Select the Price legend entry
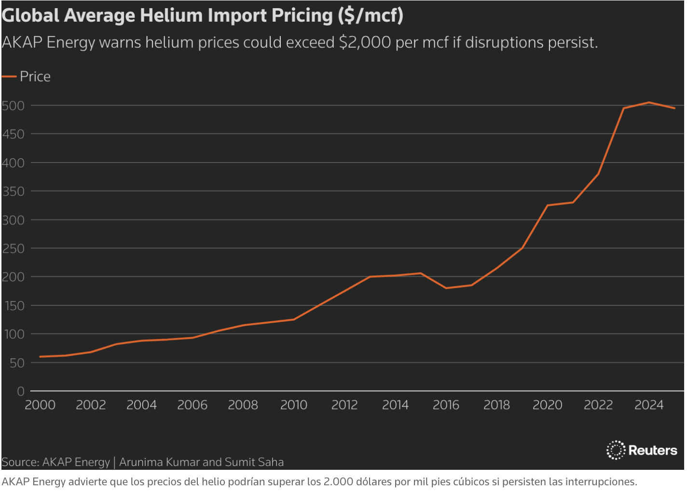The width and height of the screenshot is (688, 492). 35,77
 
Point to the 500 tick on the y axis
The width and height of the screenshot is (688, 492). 13,106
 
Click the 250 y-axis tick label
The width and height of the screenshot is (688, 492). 13,249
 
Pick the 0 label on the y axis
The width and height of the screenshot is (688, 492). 21,391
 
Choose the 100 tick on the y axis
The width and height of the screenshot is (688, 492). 13,334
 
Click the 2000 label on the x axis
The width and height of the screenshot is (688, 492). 40,405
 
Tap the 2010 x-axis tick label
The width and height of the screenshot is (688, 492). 294,405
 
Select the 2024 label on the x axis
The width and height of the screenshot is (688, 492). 649,405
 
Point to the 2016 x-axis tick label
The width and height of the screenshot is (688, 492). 446,405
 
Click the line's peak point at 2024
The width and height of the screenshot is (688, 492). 649,102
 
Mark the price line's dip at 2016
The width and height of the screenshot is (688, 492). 446,288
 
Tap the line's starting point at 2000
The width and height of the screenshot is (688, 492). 40,356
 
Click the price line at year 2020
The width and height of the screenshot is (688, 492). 548,205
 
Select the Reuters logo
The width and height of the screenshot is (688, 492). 642,450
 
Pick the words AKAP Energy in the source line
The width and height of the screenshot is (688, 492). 76,462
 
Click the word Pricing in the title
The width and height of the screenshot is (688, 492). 303,15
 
